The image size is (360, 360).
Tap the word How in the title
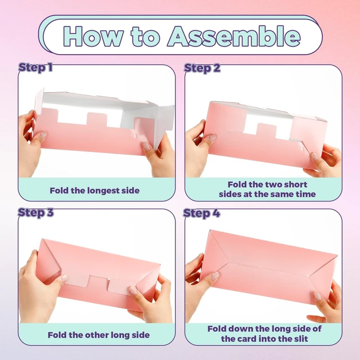click(92, 37)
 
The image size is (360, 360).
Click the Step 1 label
click(35, 67)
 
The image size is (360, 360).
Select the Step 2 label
click(202, 68)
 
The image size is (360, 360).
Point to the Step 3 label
click(35, 213)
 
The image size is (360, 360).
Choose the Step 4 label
click(201, 213)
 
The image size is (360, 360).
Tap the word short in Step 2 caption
click(295, 184)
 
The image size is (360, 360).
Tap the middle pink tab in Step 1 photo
click(97, 119)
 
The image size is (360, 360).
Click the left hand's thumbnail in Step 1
click(44, 136)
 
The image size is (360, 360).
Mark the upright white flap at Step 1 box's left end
click(39, 101)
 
